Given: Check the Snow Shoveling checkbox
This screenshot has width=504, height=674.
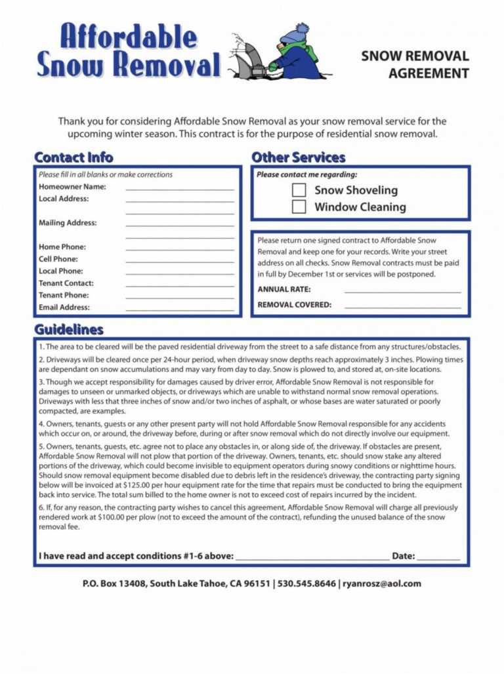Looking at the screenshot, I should pyautogui.click(x=299, y=190).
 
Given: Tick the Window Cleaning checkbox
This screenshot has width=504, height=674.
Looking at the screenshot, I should pyautogui.click(x=299, y=207).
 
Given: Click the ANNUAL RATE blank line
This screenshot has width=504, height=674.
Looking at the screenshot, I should pyautogui.click(x=402, y=290).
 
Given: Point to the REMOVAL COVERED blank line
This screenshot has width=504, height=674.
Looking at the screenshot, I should pyautogui.click(x=402, y=306).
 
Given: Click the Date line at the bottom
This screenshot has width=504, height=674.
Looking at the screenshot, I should pyautogui.click(x=438, y=558).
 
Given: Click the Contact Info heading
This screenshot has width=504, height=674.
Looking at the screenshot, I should pyautogui.click(x=73, y=157).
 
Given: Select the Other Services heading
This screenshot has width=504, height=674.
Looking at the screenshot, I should pyautogui.click(x=299, y=157).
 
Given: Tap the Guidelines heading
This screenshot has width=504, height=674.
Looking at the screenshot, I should pyautogui.click(x=69, y=329).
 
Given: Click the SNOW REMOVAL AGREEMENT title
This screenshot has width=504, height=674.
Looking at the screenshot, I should pyautogui.click(x=415, y=64).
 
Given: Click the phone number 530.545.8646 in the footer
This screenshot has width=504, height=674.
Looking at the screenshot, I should pyautogui.click(x=306, y=584).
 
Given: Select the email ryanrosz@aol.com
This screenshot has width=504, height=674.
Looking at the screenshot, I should pyautogui.click(x=382, y=584).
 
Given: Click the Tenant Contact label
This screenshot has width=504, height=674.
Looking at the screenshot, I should pyautogui.click(x=66, y=283).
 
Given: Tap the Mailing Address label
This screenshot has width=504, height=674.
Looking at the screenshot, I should pyautogui.click(x=68, y=223).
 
